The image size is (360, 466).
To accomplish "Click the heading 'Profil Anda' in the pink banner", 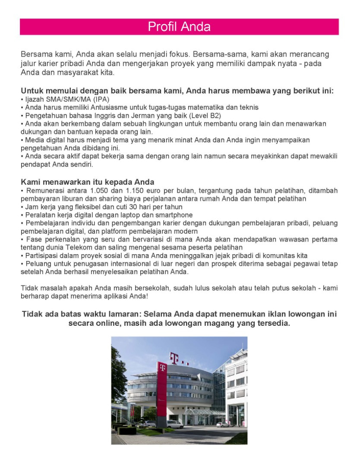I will point(179,27).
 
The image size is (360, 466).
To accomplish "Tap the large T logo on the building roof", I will point(174,358).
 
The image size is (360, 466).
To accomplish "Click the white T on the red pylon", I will point(162,368).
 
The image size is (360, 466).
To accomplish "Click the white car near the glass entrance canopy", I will point(223,424).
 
